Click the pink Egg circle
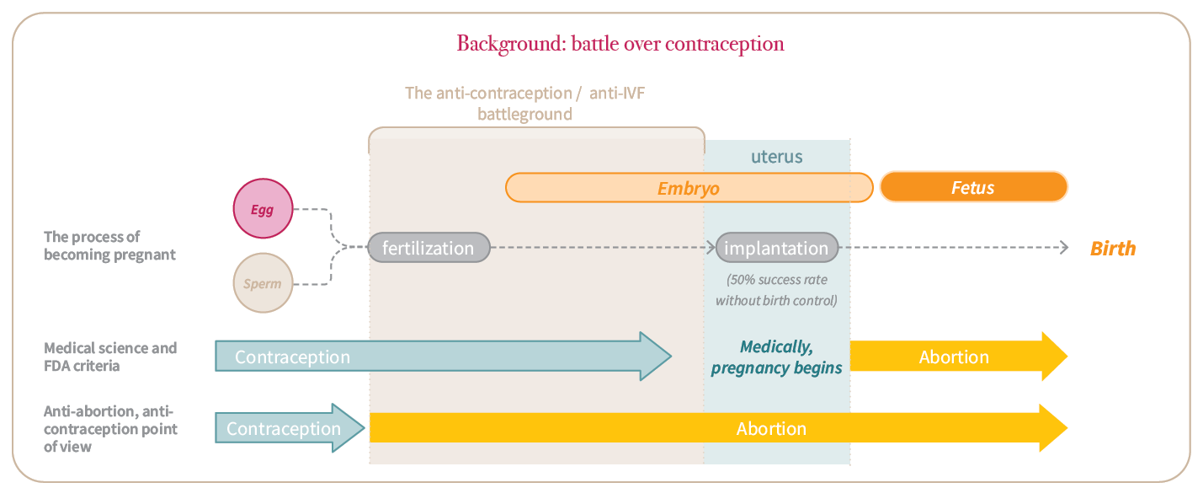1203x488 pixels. pyautogui.click(x=263, y=208)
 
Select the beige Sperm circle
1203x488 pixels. pyautogui.click(x=263, y=282)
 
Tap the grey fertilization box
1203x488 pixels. pyautogui.click(x=429, y=248)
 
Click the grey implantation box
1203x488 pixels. pyautogui.click(x=776, y=248)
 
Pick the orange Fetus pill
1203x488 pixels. pyautogui.click(x=974, y=187)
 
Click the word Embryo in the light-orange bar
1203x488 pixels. pyautogui.click(x=689, y=188)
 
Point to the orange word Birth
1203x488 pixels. pyautogui.click(x=1113, y=249)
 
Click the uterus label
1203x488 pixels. pyautogui.click(x=776, y=157)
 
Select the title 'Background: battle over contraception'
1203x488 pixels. pyautogui.click(x=620, y=44)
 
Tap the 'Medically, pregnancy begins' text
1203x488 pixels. pyautogui.click(x=776, y=357)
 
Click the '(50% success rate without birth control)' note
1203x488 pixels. pyautogui.click(x=776, y=290)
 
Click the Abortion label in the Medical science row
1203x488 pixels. pyautogui.click(x=954, y=357)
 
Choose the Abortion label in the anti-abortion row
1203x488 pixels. pyautogui.click(x=771, y=428)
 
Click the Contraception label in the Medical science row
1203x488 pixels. pyautogui.click(x=292, y=357)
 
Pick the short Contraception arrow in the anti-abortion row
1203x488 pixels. pyautogui.click(x=290, y=428)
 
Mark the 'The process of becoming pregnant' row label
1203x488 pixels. pyautogui.click(x=109, y=245)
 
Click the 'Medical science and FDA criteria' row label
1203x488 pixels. pyautogui.click(x=110, y=357)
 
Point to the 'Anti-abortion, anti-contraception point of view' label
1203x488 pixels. pyautogui.click(x=110, y=429)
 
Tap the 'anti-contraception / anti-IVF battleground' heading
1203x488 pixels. pyautogui.click(x=524, y=103)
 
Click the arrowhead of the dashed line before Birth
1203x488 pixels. pyautogui.click(x=1063, y=248)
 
